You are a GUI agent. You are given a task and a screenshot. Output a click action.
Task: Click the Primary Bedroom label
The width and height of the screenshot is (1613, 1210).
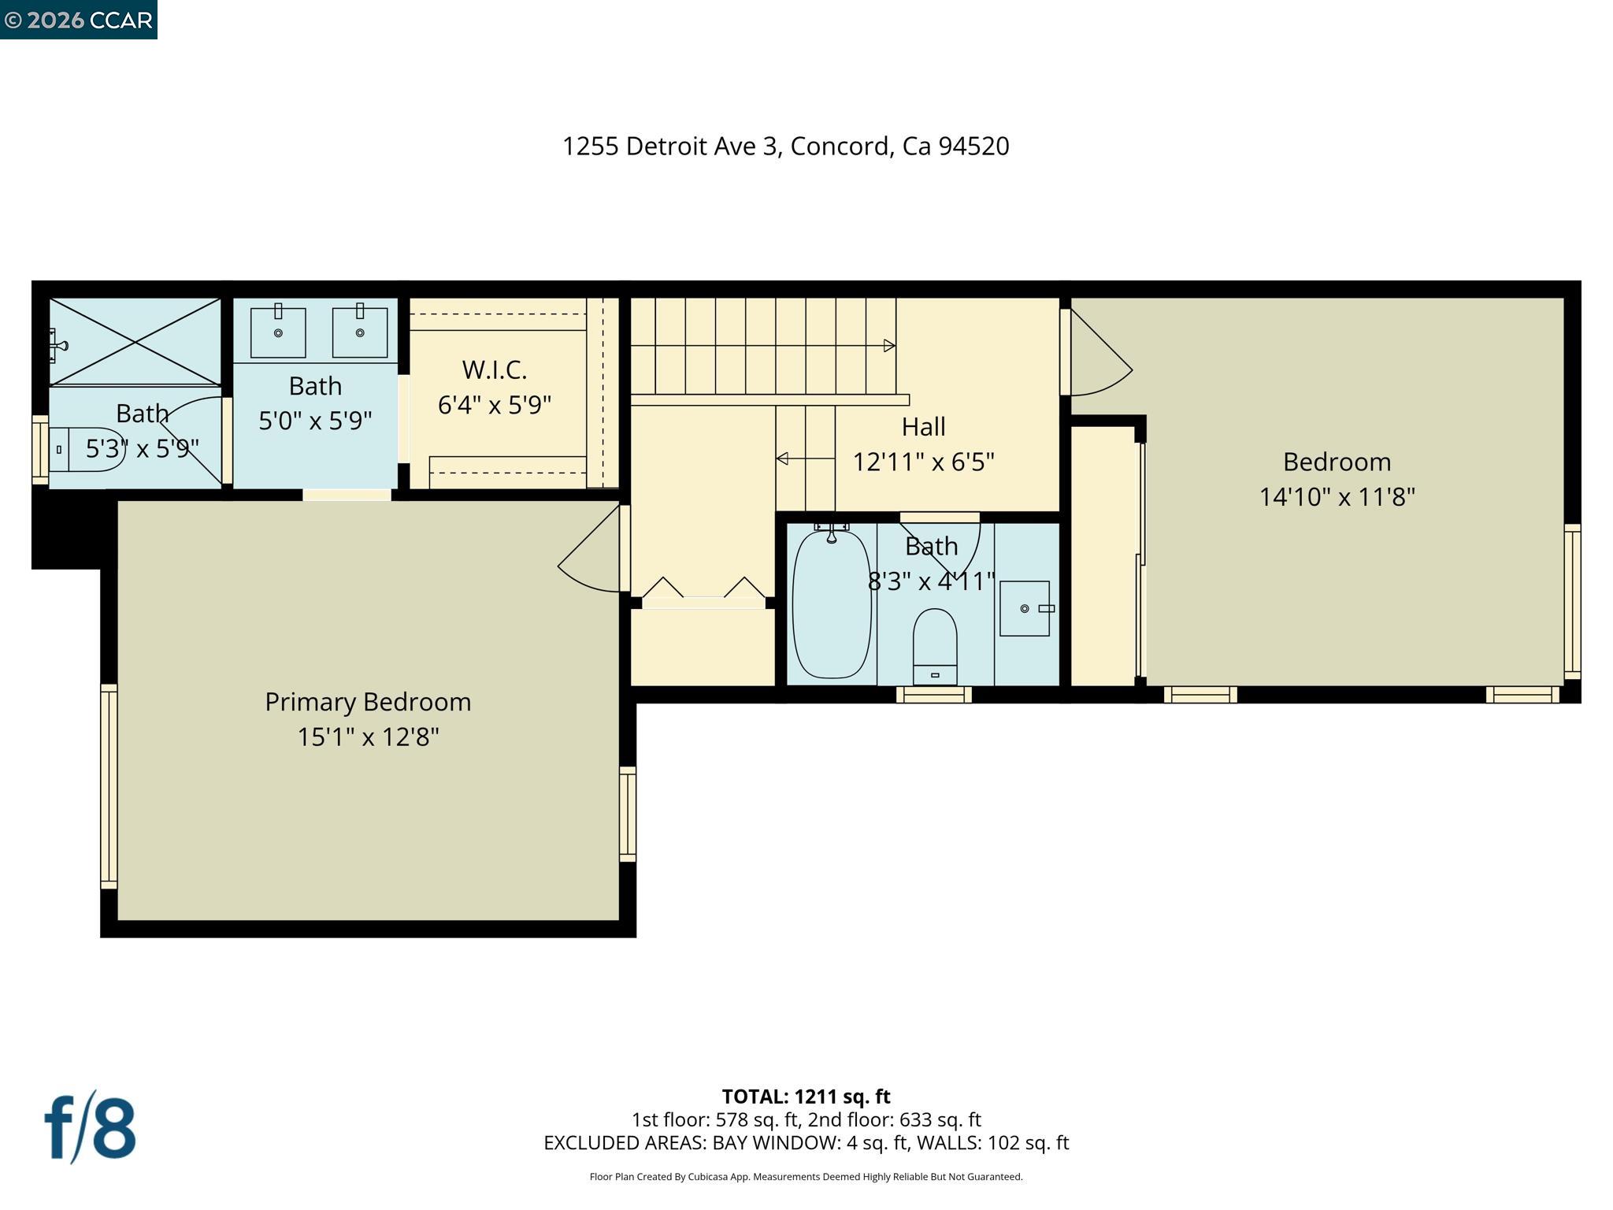[368, 702]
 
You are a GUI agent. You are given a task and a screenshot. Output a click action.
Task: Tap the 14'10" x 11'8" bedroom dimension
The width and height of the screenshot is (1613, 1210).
[1337, 497]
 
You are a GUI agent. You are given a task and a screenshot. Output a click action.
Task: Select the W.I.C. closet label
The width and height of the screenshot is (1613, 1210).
[494, 369]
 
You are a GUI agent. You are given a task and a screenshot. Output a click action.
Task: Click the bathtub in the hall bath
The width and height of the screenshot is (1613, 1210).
[831, 605]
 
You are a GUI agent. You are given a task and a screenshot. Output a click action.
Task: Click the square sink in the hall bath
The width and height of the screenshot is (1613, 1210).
[1024, 608]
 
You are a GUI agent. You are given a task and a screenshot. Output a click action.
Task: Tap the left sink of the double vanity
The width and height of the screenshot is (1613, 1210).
[278, 332]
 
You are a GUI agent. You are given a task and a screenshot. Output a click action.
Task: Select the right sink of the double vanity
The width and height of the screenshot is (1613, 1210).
[360, 332]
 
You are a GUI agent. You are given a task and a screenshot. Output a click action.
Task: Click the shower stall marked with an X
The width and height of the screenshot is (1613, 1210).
[135, 342]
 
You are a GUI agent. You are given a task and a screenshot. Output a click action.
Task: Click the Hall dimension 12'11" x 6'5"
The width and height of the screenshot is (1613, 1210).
[923, 462]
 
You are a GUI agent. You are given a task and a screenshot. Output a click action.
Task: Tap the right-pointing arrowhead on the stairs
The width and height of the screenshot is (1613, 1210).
[889, 345]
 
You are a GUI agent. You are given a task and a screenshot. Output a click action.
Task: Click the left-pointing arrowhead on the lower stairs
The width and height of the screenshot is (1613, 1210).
[782, 458]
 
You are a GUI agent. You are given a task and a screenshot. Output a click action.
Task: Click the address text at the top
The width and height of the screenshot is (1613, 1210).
[785, 147]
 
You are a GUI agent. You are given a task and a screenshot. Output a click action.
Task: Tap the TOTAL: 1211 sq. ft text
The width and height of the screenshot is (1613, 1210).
[806, 1097]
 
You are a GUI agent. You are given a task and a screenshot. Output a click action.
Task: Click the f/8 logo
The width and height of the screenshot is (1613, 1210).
[90, 1127]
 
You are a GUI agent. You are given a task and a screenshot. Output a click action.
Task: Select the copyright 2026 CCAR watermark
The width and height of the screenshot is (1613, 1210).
[78, 20]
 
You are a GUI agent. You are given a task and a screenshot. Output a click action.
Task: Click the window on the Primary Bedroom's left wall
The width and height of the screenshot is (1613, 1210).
[109, 786]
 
